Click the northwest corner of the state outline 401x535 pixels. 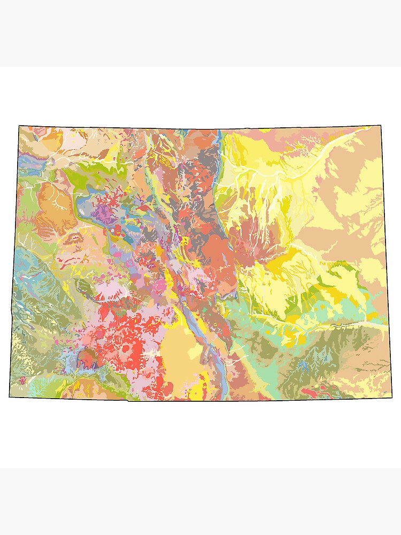click(19, 126)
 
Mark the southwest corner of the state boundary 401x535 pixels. click(10, 396)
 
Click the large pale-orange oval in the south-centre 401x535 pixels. click(182, 353)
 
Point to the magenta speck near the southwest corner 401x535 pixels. click(22, 380)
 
